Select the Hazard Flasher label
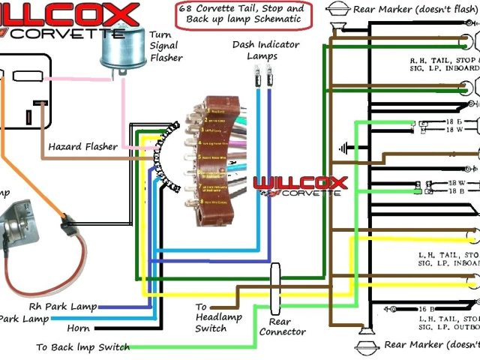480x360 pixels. point(83,147)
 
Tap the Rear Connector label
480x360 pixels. point(282,326)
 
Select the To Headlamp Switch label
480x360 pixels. point(211,318)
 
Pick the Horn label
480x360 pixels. point(79,328)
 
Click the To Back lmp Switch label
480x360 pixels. point(83,347)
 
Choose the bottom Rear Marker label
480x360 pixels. point(427,345)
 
